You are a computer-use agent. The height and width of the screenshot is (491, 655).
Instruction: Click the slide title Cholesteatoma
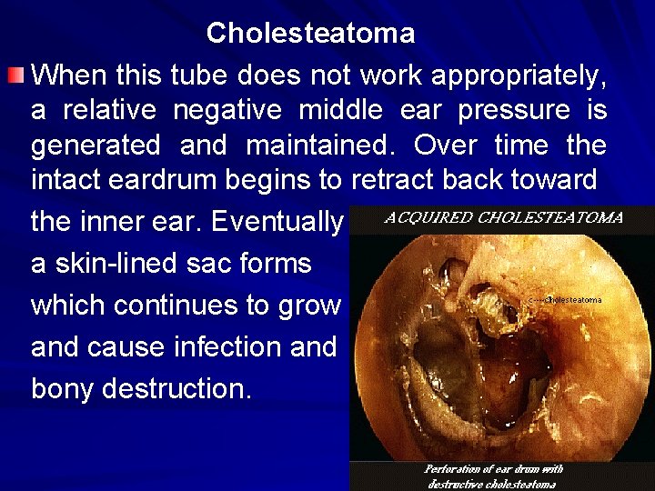(310, 34)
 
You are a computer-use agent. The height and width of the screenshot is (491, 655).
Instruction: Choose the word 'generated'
(96, 145)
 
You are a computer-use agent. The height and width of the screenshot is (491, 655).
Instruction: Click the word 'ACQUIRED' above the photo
(429, 218)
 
